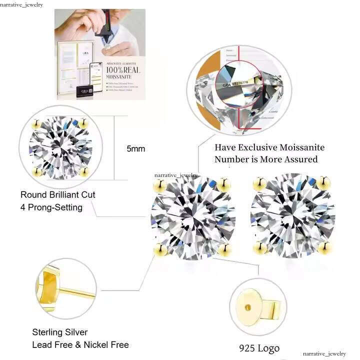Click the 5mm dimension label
click(x=136, y=149)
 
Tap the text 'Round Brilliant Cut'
click(x=57, y=194)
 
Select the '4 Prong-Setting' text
click(x=51, y=207)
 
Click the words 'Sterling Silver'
click(x=60, y=332)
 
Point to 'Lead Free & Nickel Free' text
click(x=80, y=344)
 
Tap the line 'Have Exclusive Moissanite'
click(x=269, y=147)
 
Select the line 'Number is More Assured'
click(x=266, y=159)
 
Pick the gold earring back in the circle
click(x=254, y=306)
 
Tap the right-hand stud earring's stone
click(x=292, y=216)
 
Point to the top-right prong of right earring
click(x=324, y=183)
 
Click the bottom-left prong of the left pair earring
click(x=160, y=248)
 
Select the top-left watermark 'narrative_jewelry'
click(x=21, y=4)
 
